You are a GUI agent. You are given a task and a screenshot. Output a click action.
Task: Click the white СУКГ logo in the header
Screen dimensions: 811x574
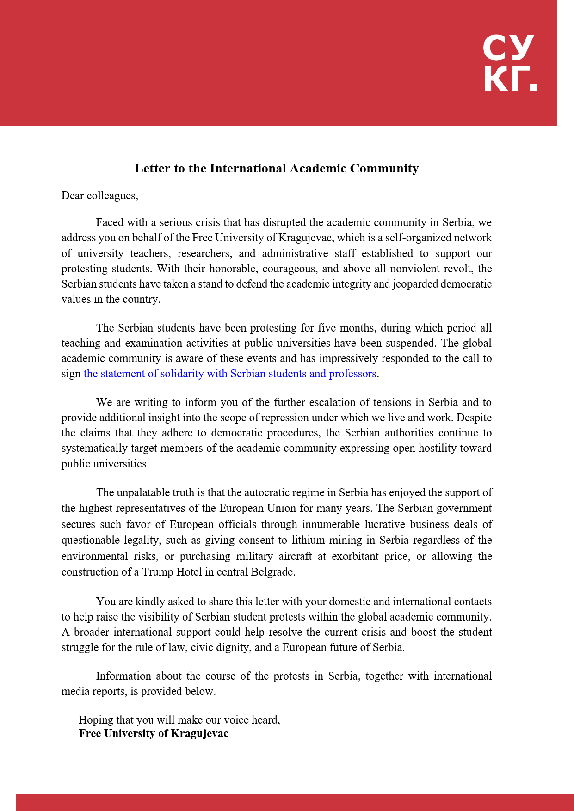point(509,62)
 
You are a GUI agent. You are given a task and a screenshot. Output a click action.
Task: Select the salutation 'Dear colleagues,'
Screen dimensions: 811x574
point(99,196)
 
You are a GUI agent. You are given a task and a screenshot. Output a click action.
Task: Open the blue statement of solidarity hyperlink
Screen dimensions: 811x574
point(230,374)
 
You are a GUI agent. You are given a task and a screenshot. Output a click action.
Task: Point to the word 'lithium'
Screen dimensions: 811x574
point(309,540)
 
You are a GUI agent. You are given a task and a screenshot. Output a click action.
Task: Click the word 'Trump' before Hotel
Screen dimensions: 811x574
point(157,572)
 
